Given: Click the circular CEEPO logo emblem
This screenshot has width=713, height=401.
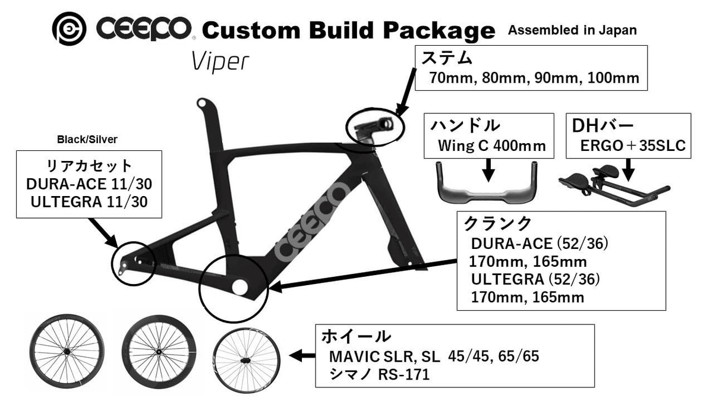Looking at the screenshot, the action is tap(69, 29).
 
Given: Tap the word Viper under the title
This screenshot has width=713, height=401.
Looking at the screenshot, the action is tap(220, 62).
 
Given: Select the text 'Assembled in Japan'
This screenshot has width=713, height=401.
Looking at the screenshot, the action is tap(572, 30).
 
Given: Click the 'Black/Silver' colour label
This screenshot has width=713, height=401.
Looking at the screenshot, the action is tap(87, 140).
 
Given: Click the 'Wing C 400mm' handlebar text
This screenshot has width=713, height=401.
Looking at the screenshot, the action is tap(492, 146).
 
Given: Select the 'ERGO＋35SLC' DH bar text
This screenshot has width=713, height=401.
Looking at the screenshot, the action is tap(633, 146).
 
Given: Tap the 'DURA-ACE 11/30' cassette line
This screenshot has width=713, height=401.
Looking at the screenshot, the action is tap(89, 184).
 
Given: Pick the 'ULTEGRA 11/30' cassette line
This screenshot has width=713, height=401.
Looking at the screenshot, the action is tap(89, 202).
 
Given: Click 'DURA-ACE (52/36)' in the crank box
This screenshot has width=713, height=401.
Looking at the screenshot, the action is tap(540, 244).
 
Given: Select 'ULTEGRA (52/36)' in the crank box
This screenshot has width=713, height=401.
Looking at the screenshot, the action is tap(535, 279).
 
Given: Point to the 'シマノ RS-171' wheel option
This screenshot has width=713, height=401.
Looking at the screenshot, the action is tap(380, 375).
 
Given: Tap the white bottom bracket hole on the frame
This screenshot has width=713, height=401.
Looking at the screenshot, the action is tap(239, 287).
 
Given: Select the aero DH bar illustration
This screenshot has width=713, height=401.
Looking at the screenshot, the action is tap(614, 185).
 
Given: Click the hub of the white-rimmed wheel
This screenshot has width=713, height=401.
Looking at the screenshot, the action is tap(246, 360).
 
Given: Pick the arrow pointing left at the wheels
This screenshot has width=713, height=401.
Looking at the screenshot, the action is tap(302, 355).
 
